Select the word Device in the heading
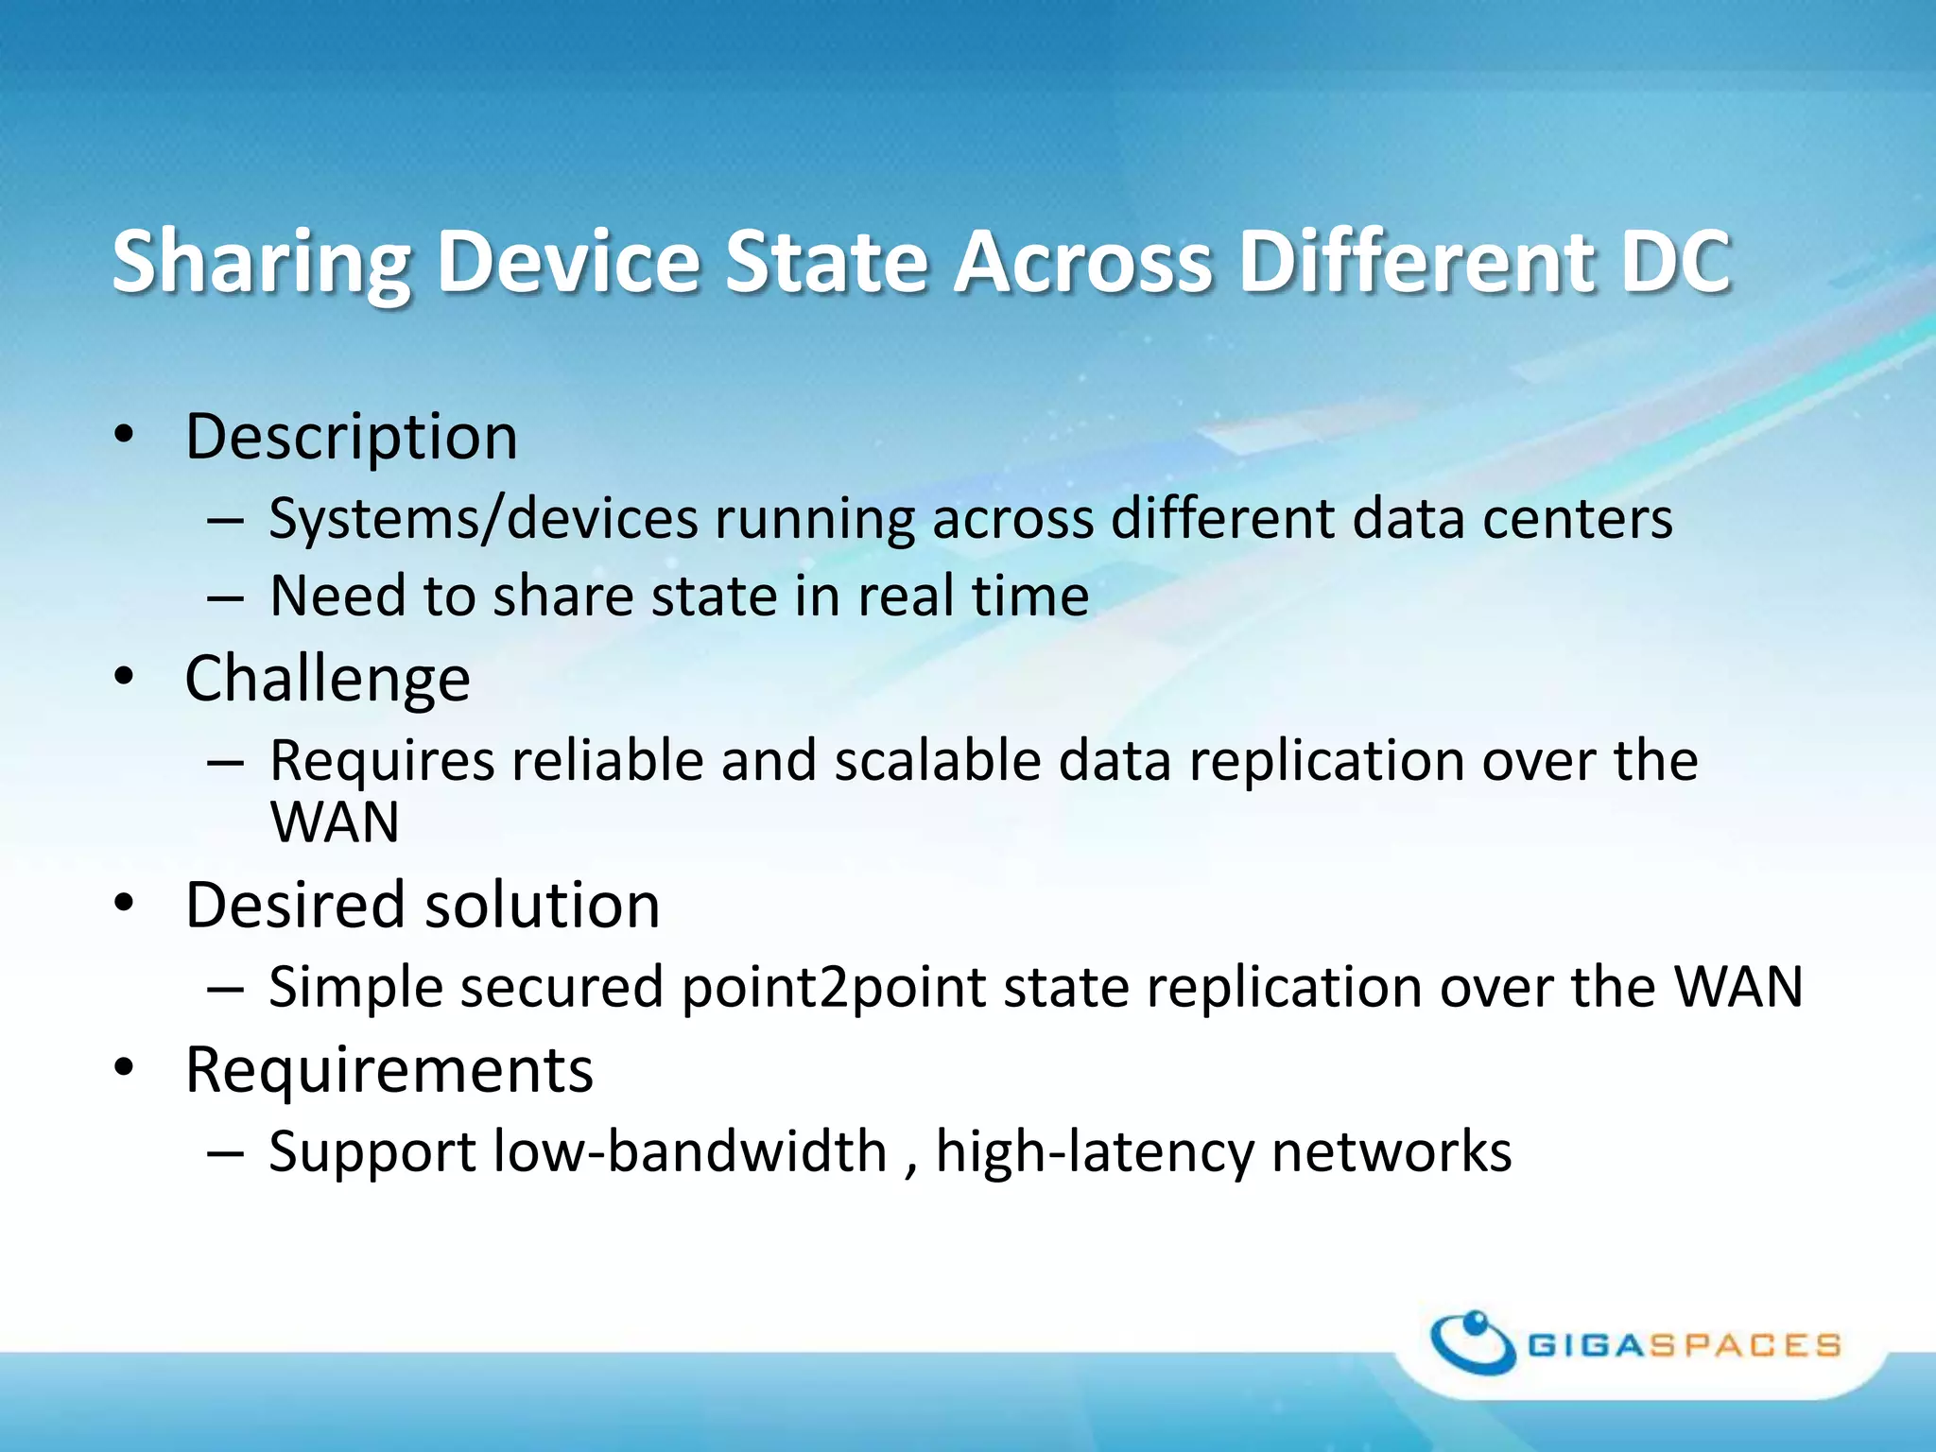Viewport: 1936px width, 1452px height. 567,263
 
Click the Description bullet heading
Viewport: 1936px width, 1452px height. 351,438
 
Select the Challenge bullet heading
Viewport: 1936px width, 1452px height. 327,679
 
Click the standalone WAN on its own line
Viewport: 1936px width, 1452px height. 335,821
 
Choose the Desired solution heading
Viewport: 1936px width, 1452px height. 422,906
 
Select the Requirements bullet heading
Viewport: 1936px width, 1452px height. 389,1071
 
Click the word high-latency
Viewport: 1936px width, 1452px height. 1095,1152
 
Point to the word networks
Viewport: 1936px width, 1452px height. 1391,1152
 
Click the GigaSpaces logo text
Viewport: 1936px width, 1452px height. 1684,1345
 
